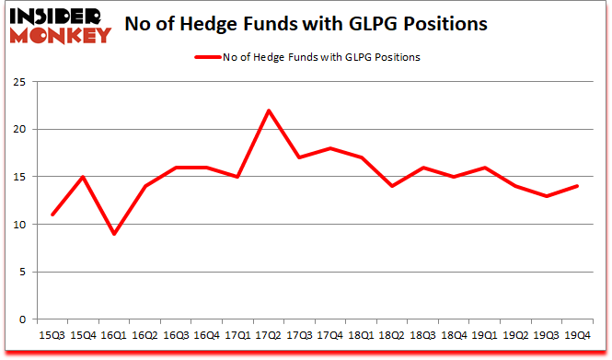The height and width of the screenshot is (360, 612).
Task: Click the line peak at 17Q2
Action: click(267, 110)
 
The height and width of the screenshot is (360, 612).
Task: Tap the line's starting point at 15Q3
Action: click(52, 215)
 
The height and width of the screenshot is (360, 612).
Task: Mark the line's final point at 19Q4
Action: click(578, 186)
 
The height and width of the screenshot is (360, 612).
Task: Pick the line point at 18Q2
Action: click(391, 186)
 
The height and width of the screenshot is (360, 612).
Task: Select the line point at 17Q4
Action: click(329, 148)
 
